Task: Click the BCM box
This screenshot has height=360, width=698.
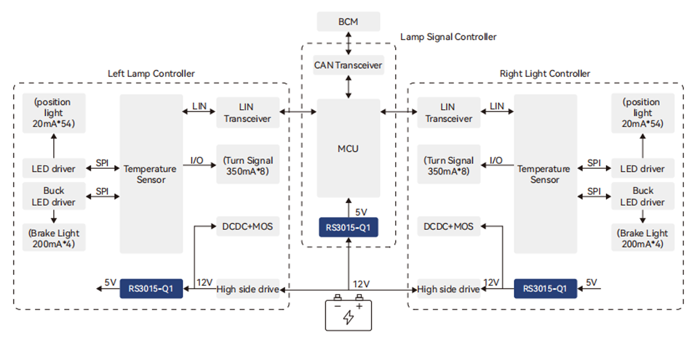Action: pos(348,22)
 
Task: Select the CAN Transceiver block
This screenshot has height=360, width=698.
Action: pos(348,65)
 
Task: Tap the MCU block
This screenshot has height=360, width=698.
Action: pos(348,148)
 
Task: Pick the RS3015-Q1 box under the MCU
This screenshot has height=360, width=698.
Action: pos(348,227)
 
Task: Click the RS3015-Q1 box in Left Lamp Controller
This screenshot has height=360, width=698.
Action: pos(151,288)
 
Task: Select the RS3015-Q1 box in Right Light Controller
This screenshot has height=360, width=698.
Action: pos(546,288)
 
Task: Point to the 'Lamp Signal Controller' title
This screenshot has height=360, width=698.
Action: pos(448,37)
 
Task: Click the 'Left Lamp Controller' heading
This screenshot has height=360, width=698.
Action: pos(151,74)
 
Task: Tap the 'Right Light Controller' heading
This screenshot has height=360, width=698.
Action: pos(545,74)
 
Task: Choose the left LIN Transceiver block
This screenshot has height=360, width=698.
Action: pos(248,112)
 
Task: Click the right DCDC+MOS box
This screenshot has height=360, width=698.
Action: pos(448,227)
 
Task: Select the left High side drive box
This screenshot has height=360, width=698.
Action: pos(248,290)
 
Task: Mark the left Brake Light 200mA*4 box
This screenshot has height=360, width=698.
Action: pos(54,238)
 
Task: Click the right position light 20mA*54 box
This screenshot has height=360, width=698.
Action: pos(642,113)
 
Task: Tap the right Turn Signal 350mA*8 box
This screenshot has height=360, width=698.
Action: pos(448,166)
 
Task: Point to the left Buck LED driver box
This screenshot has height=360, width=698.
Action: pos(54,196)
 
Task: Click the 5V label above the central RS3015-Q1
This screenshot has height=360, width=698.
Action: pos(361,212)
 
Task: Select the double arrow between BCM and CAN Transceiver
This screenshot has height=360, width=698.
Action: pos(349,43)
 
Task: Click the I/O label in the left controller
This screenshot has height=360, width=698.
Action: pos(197,160)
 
